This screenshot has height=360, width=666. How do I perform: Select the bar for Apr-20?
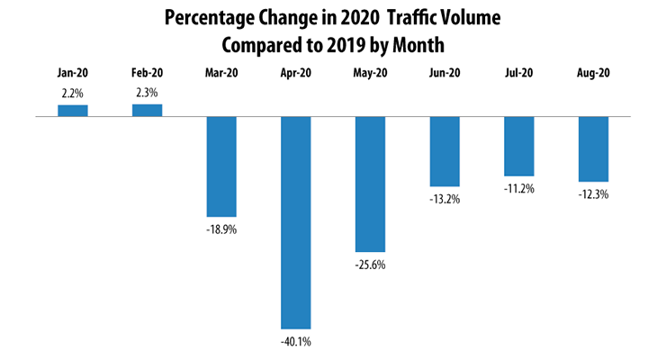click(x=296, y=222)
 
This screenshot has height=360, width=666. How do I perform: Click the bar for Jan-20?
click(x=73, y=111)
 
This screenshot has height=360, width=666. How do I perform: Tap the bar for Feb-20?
click(x=148, y=110)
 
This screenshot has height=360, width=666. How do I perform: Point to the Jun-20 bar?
click(x=445, y=151)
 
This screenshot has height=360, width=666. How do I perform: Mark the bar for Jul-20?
click(x=519, y=146)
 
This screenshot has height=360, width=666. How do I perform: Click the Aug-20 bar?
click(x=593, y=149)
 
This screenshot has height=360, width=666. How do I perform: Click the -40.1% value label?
click(x=296, y=341)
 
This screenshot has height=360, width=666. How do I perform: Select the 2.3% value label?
click(x=148, y=93)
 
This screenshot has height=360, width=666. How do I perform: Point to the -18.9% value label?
click(x=221, y=229)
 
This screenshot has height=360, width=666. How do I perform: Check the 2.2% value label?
click(x=73, y=94)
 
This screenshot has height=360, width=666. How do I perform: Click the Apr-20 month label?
click(x=296, y=75)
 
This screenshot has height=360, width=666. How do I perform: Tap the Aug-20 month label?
click(x=593, y=75)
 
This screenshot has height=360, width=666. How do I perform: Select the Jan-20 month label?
click(x=73, y=75)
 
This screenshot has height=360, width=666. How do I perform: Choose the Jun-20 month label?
click(x=445, y=75)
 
